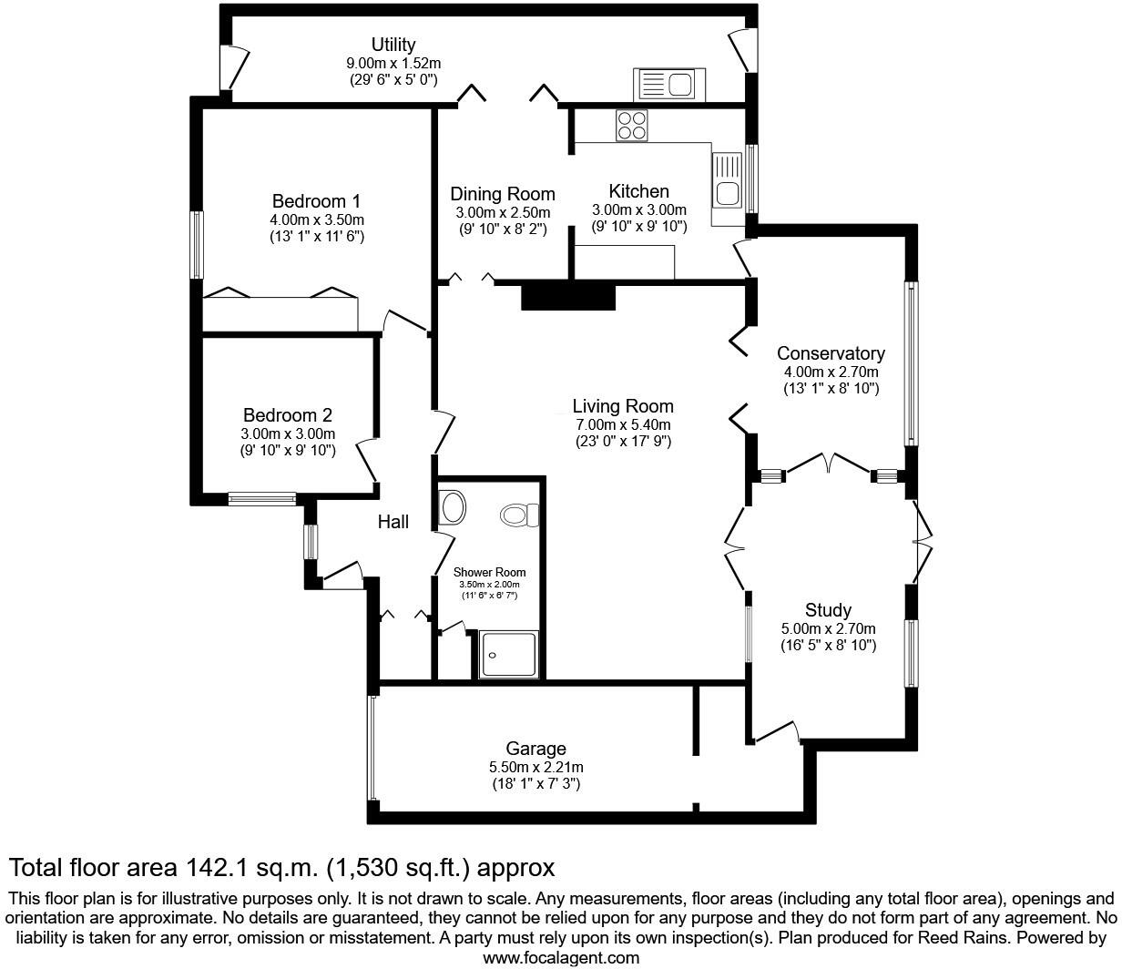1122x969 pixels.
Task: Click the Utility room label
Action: tap(393, 45)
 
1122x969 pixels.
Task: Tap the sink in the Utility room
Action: tap(667, 85)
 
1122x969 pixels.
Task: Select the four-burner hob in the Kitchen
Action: tap(632, 126)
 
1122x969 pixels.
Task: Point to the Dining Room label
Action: tap(503, 194)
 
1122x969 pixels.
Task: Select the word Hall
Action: tap(393, 522)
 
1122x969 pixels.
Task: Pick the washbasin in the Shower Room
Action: tap(452, 505)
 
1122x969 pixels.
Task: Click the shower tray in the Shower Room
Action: tap(509, 654)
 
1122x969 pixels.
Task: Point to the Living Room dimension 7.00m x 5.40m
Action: tap(623, 425)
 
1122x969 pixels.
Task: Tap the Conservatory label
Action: tap(831, 353)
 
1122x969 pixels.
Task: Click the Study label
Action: tap(828, 610)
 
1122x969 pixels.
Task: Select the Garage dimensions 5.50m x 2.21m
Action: tap(535, 767)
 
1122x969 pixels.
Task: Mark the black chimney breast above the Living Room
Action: tap(568, 298)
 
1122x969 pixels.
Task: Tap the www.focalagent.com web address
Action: tap(561, 958)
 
